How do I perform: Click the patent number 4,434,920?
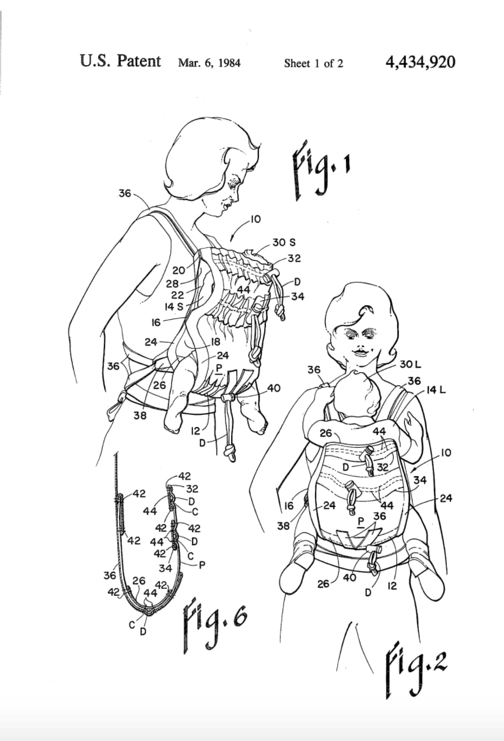click(x=420, y=62)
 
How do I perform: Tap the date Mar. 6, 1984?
click(x=209, y=63)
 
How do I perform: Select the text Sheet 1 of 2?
click(x=313, y=63)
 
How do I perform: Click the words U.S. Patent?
click(x=120, y=61)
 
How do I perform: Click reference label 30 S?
click(x=283, y=242)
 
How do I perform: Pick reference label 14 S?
click(x=174, y=306)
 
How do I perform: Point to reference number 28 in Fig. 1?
click(x=173, y=283)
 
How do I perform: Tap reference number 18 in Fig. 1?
click(x=215, y=342)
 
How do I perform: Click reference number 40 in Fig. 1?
click(x=273, y=388)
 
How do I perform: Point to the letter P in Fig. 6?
click(x=202, y=564)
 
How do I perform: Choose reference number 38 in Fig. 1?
click(x=140, y=416)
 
